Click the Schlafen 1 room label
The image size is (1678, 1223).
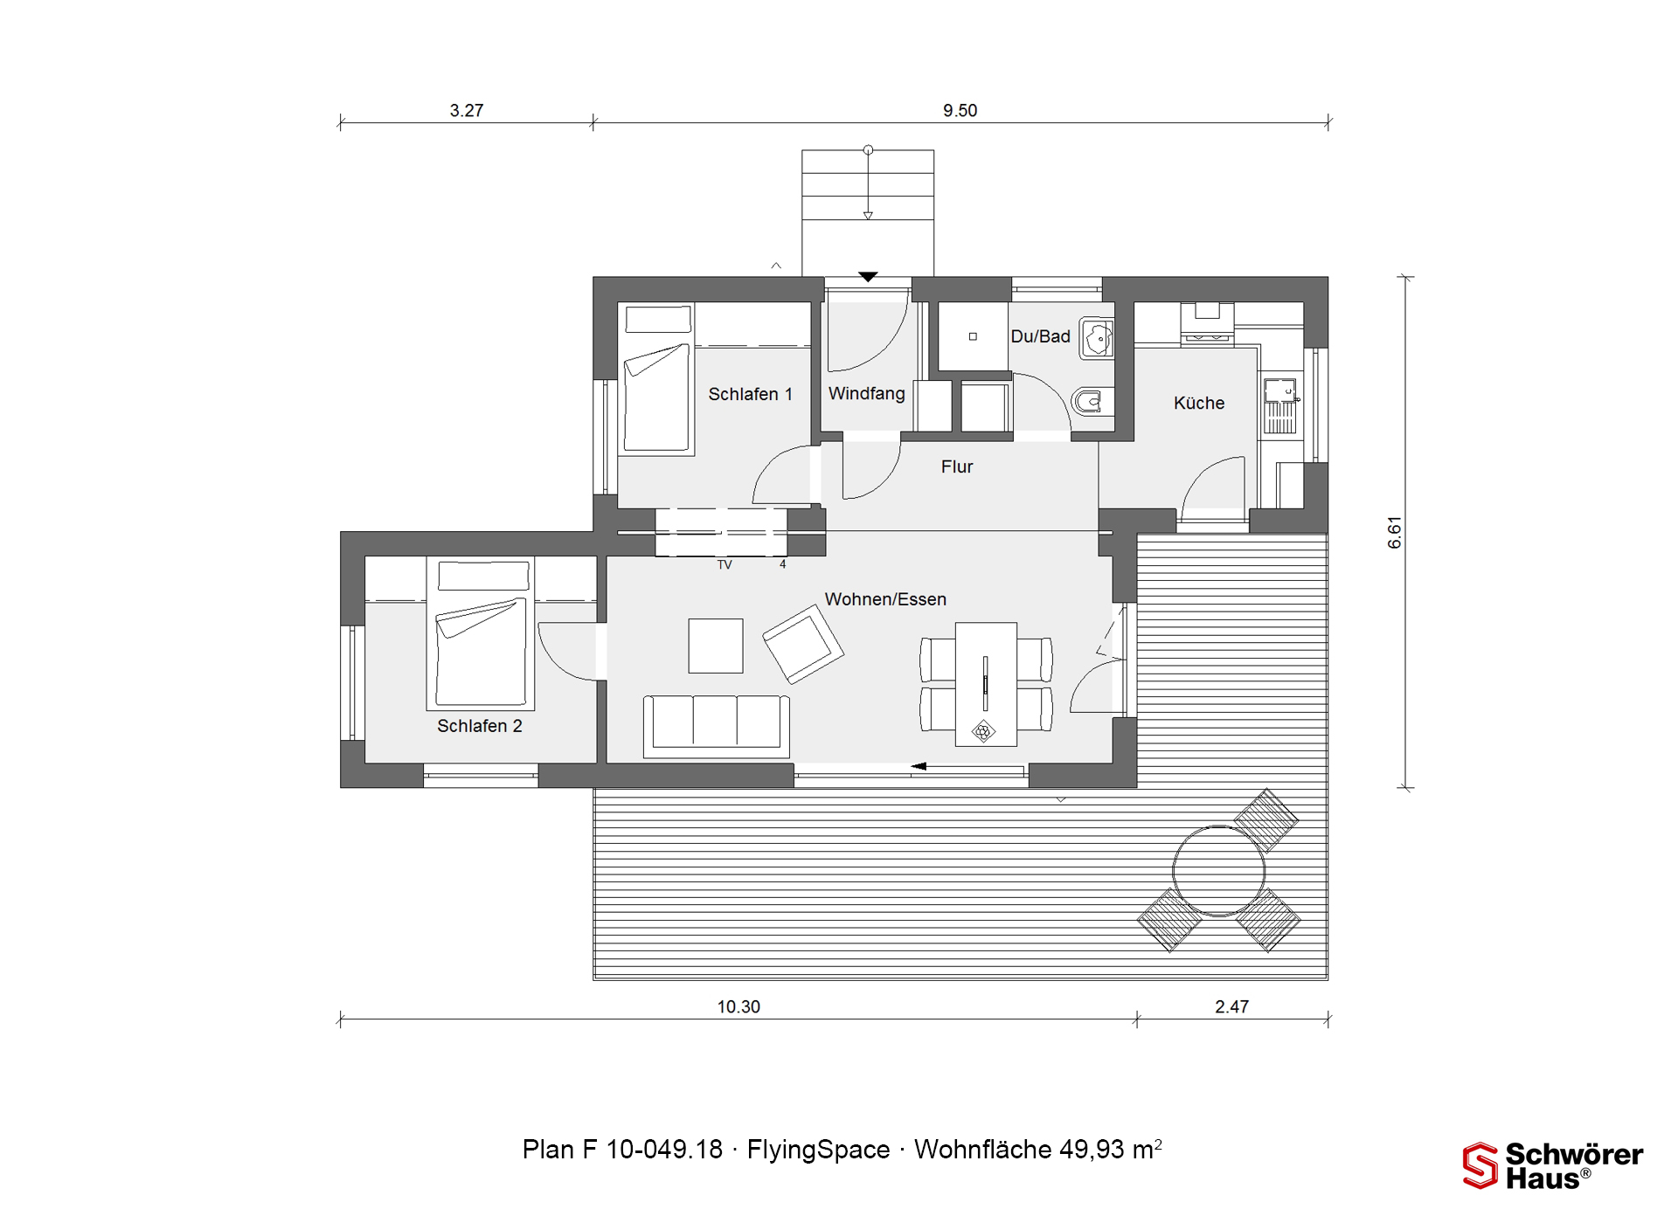click(x=750, y=394)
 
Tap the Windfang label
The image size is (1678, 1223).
click(x=866, y=394)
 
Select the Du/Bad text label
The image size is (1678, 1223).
click(x=1040, y=336)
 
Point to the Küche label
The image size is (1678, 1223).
click(x=1199, y=403)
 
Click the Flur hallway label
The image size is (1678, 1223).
click(x=957, y=466)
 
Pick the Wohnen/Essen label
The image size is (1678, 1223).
click(x=885, y=599)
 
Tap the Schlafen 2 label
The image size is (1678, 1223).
click(x=480, y=726)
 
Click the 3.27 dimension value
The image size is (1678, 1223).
click(x=467, y=111)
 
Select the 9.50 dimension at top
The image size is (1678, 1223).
click(x=960, y=111)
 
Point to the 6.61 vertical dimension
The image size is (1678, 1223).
click(x=1395, y=532)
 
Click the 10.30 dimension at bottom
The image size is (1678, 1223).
click(x=738, y=1007)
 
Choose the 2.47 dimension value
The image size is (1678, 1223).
click(x=1231, y=1007)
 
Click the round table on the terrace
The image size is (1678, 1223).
click(x=1218, y=871)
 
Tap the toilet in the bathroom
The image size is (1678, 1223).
click(x=1092, y=402)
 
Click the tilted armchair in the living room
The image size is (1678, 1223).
click(x=803, y=645)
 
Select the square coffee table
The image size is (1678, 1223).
click(x=716, y=646)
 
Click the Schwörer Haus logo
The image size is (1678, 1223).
click(x=1552, y=1165)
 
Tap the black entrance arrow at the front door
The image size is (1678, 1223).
click(x=867, y=277)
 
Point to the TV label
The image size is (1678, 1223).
click(x=725, y=565)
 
